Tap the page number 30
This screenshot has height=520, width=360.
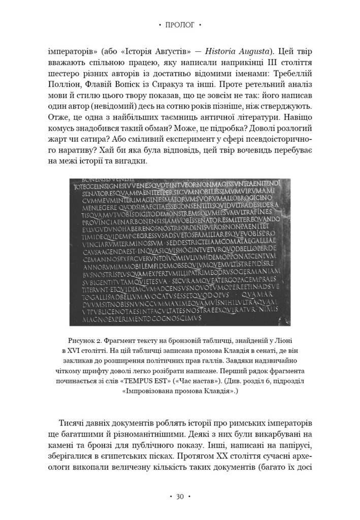coord(180,496)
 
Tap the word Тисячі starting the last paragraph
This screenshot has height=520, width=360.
coord(75,423)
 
